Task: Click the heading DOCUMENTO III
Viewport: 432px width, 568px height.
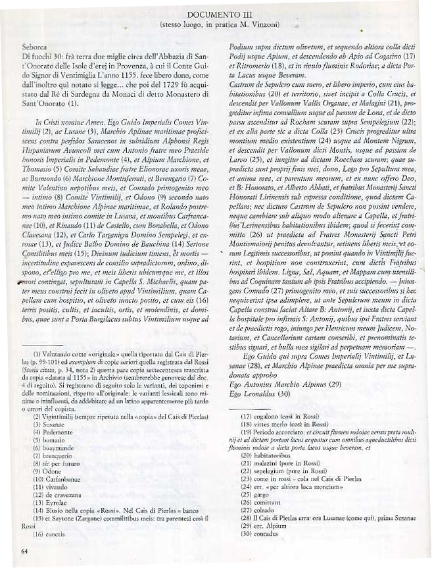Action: coord(216,14)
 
